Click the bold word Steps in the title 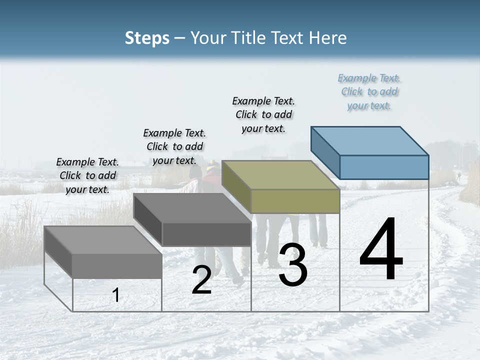[x=147, y=38]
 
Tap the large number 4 [x=381, y=250]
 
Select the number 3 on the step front [x=292, y=265]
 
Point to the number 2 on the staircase [x=201, y=280]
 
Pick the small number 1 [x=116, y=295]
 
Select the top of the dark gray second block [x=192, y=208]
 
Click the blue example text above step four [x=369, y=92]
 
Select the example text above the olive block [x=264, y=114]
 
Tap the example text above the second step [x=174, y=146]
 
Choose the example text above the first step [x=87, y=175]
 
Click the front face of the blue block [x=384, y=167]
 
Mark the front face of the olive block [x=295, y=201]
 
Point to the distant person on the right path [x=458, y=176]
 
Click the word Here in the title [x=329, y=38]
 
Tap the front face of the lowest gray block [x=117, y=265]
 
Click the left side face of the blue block [x=325, y=152]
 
